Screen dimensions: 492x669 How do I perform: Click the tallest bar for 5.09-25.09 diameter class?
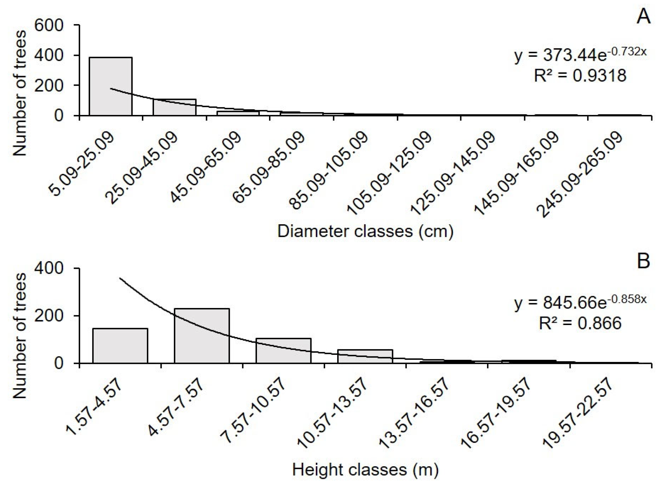point(111,86)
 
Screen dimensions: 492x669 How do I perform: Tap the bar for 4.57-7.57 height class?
point(202,336)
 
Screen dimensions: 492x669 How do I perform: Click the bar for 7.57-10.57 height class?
point(283,350)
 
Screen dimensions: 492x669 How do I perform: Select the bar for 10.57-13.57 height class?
point(365,356)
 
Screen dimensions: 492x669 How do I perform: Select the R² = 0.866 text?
point(580,323)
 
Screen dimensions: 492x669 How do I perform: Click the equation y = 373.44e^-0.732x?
point(580,55)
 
